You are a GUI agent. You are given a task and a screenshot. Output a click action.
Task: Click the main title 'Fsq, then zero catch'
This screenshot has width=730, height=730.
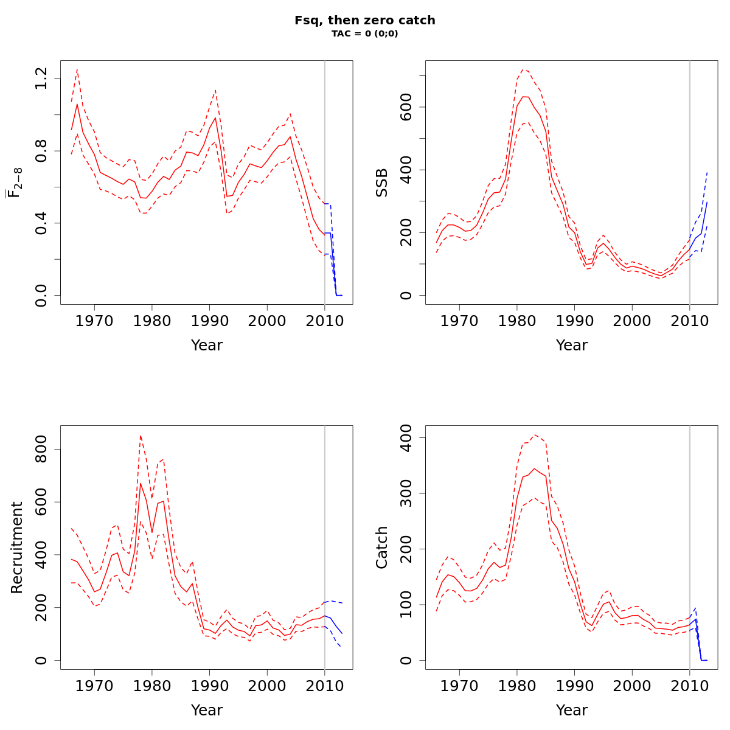click(x=365, y=20)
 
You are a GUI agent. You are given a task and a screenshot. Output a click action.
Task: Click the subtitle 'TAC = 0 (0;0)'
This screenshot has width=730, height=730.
click(x=365, y=34)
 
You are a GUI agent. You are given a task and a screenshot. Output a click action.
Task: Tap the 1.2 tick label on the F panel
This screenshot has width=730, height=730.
click(x=41, y=78)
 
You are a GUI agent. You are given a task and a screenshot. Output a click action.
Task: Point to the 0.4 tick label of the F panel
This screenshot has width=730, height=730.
click(x=41, y=223)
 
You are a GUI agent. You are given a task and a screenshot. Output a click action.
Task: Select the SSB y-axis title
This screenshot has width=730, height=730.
click(x=382, y=182)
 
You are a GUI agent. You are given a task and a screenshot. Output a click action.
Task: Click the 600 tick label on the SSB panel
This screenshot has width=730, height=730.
click(x=406, y=107)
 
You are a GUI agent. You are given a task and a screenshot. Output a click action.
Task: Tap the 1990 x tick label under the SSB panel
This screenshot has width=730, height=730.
click(x=574, y=321)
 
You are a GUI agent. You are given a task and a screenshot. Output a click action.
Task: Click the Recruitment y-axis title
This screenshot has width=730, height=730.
click(x=17, y=547)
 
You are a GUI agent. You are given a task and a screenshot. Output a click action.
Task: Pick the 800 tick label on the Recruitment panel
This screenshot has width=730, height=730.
click(x=41, y=450)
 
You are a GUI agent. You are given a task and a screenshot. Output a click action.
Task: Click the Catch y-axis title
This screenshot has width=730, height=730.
click(x=382, y=547)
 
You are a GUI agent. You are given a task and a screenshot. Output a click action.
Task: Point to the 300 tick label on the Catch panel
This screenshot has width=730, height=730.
click(x=406, y=493)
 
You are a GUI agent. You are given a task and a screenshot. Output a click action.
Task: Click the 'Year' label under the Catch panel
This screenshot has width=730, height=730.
click(x=572, y=710)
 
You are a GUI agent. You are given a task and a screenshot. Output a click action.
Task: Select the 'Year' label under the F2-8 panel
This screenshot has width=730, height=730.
click(x=207, y=345)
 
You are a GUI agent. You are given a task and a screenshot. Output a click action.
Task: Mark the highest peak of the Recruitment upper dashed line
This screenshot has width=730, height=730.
click(x=141, y=435)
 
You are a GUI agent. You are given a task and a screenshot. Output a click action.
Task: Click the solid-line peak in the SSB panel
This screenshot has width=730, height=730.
click(x=524, y=97)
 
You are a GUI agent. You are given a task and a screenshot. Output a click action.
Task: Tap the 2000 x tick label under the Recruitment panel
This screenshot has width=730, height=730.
click(x=267, y=686)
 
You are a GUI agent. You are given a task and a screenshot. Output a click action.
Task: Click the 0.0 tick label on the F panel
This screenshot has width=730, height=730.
click(x=41, y=295)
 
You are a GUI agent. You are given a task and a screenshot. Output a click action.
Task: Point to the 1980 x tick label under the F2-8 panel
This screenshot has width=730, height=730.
click(x=152, y=321)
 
